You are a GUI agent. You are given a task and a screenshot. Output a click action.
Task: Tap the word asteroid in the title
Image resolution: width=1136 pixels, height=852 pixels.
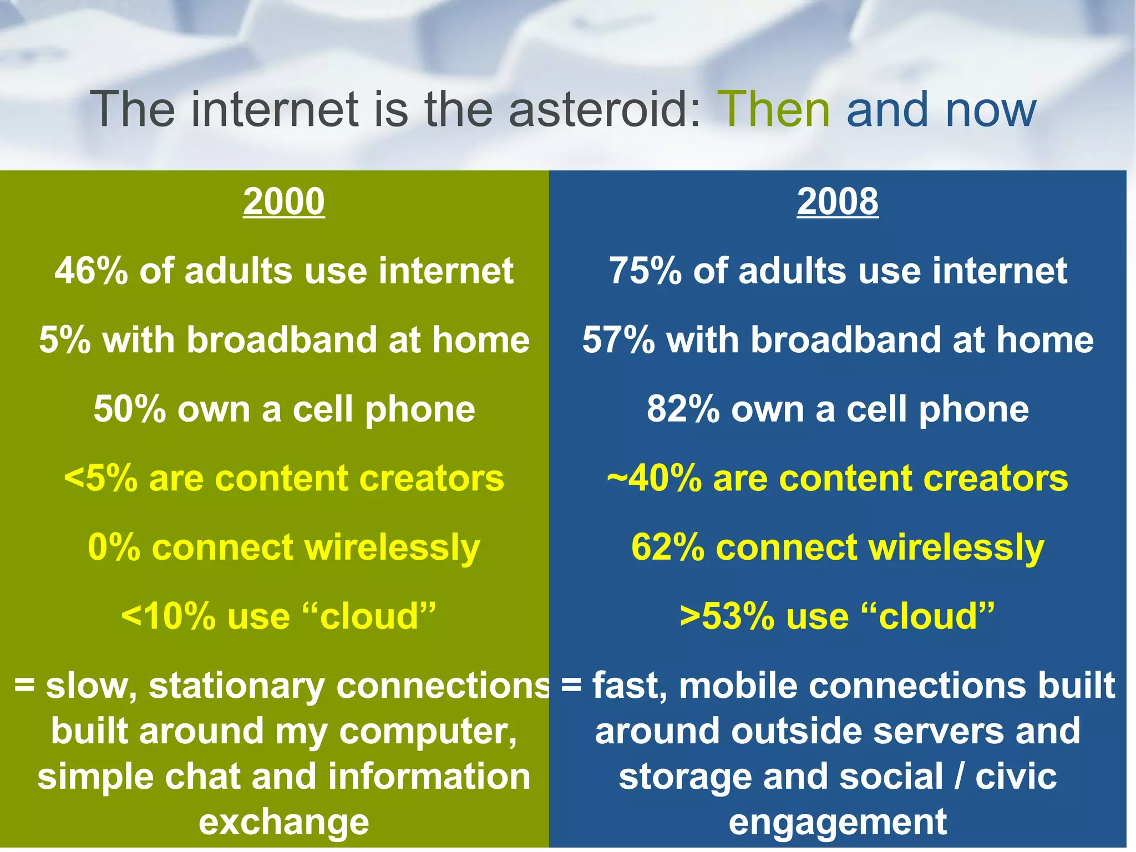click(x=605, y=109)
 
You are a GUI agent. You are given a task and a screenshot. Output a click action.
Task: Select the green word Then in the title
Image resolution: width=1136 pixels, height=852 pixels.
click(x=774, y=109)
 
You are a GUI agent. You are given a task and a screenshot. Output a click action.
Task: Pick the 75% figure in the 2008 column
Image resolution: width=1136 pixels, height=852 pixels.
click(x=645, y=271)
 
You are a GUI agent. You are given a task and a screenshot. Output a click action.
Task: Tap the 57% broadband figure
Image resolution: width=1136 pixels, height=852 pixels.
click(x=618, y=340)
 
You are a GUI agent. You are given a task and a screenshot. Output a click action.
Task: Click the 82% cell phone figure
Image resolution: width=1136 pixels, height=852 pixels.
click(x=683, y=409)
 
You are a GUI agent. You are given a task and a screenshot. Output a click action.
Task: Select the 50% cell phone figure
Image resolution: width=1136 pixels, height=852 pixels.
click(x=130, y=409)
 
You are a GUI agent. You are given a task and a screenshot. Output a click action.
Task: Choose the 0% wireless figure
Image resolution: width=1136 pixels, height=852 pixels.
click(x=114, y=547)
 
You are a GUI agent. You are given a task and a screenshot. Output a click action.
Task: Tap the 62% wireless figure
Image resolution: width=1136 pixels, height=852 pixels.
click(x=667, y=547)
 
